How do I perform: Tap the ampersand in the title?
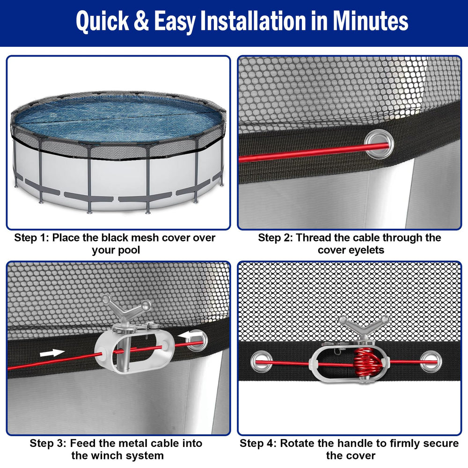pyautogui.click(x=141, y=21)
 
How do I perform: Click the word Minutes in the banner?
pyautogui.click(x=370, y=21)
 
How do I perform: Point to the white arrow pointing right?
pyautogui.click(x=52, y=353)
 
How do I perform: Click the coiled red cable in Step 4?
pyautogui.click(x=367, y=363)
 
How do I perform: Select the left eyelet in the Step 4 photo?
pyautogui.click(x=262, y=362)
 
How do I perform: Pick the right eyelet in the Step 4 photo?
pyautogui.click(x=430, y=362)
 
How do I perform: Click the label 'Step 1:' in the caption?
pyautogui.click(x=31, y=238)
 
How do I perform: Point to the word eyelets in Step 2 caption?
pyautogui.click(x=366, y=250)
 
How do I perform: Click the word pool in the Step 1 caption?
pyautogui.click(x=128, y=250)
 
